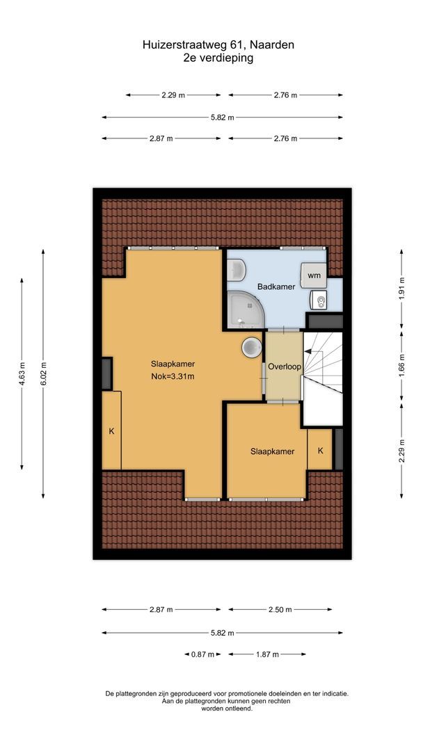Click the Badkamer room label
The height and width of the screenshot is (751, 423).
[276, 286]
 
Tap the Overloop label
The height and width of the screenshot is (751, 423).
[282, 366]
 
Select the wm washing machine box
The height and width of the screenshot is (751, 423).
[314, 275]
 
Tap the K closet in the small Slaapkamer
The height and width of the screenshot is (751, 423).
[320, 451]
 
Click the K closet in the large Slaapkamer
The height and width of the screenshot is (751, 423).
[111, 431]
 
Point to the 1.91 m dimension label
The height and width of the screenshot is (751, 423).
[402, 294]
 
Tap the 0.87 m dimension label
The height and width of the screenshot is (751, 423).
[203, 654]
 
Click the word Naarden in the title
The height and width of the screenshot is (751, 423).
[272, 45]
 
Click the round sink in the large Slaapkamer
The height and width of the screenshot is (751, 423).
[250, 346]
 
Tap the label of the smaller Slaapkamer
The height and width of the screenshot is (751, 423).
[273, 451]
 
